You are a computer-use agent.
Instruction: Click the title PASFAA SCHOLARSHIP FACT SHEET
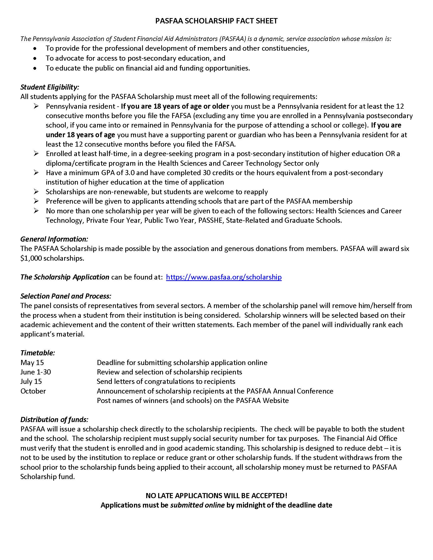[x=216, y=21]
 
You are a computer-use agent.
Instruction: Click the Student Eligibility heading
[x=49, y=87]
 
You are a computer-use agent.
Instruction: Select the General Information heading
[x=54, y=239]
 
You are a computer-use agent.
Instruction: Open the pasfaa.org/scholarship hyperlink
[x=224, y=277]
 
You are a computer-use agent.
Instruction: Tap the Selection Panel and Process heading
[x=66, y=296]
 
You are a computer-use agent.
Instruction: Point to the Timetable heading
[x=38, y=353]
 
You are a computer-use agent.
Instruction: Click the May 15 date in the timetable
[x=32, y=362]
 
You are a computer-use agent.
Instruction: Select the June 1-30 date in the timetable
[x=36, y=372]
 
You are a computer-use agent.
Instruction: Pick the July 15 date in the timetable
[x=31, y=382]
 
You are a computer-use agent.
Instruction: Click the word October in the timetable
[x=33, y=391]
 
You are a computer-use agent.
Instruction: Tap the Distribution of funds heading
[x=54, y=419]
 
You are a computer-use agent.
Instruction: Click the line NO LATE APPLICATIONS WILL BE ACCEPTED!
[x=216, y=495]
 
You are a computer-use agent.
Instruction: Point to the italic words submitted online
[x=197, y=505]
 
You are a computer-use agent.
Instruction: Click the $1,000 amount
[x=31, y=258]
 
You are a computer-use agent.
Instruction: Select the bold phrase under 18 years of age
[x=80, y=135]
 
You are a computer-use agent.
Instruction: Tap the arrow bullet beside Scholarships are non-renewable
[x=36, y=192]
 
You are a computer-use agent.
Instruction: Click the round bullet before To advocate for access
[x=35, y=59]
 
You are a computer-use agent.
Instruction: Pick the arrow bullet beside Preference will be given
[x=36, y=201]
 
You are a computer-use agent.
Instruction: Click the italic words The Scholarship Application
[x=65, y=277]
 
